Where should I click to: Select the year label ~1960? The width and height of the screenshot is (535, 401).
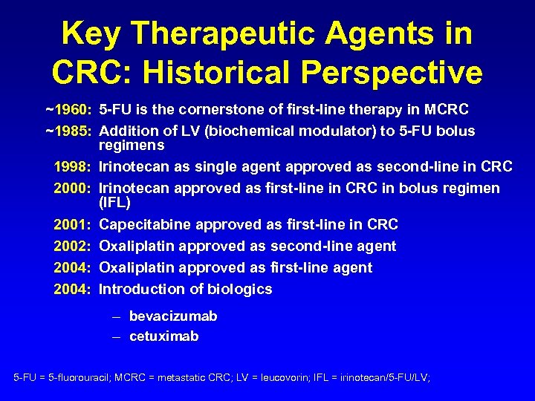(x=68, y=110)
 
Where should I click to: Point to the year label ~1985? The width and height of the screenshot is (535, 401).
(x=68, y=131)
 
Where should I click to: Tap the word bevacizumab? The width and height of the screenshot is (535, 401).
(x=173, y=316)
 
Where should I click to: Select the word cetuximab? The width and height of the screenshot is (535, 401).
(x=164, y=336)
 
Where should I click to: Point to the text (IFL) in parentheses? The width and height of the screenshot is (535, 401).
(x=114, y=202)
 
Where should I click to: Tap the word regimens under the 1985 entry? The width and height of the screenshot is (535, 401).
(x=132, y=145)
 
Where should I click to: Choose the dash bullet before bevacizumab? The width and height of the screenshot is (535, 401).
(x=117, y=317)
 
